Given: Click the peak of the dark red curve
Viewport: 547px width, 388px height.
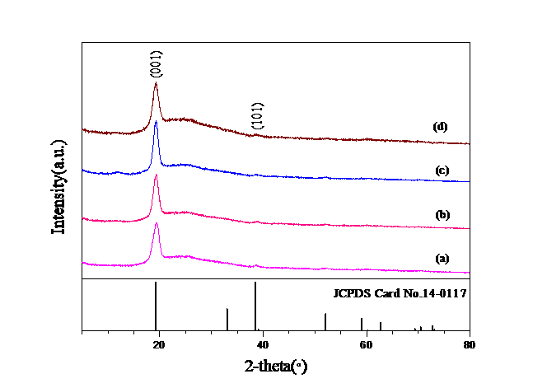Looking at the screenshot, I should point(156,83).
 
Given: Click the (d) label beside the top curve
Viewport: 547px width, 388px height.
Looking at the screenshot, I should point(442,129).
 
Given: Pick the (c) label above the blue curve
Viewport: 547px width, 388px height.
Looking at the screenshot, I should point(442,171).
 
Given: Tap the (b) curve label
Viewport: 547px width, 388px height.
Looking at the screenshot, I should point(442,215).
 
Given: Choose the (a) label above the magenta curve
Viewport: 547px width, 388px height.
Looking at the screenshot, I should point(442,260).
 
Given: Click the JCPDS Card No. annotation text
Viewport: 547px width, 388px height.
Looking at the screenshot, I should point(401,292).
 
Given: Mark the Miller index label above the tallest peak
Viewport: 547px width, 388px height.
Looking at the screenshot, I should point(157,63).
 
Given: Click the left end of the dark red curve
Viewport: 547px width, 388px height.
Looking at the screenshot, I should point(82,129).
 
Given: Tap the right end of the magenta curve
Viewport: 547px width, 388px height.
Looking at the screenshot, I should point(470,273).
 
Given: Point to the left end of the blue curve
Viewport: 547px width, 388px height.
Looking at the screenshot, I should point(82,171).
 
